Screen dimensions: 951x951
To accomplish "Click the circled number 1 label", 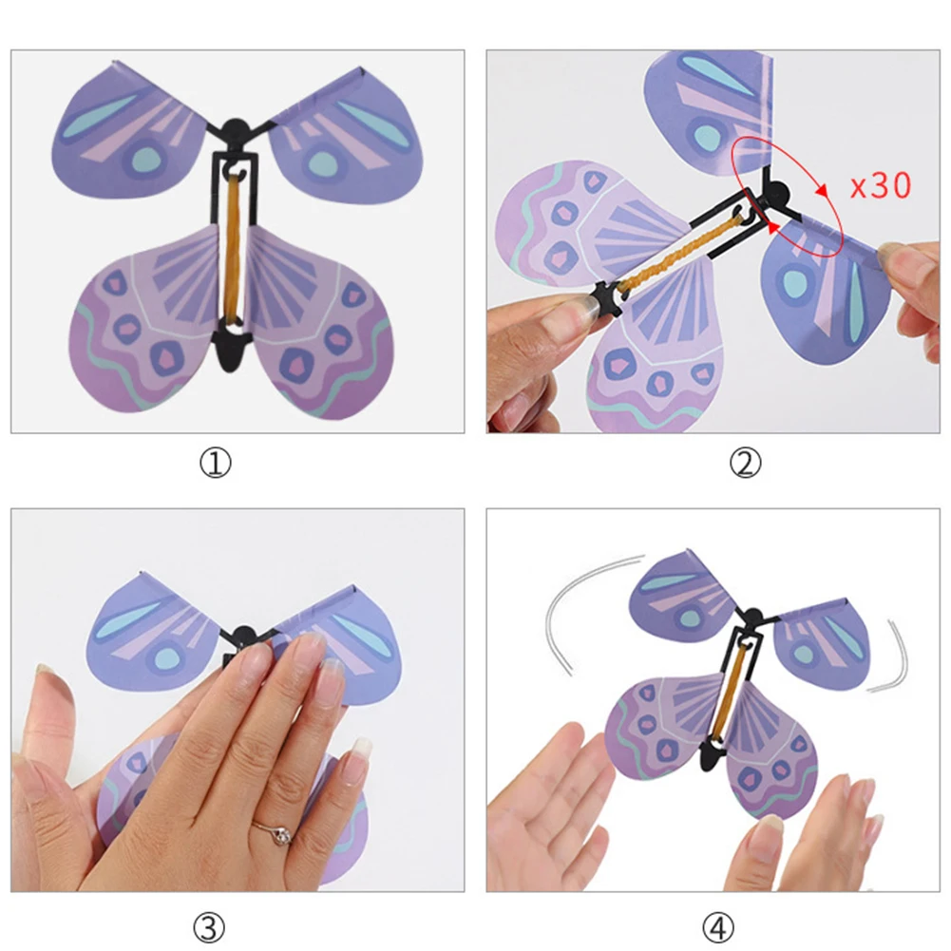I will (x=216, y=463).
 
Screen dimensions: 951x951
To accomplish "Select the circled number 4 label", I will (x=719, y=925).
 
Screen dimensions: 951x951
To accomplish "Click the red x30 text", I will (x=880, y=184).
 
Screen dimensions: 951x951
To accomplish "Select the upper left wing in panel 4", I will (x=679, y=594).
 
